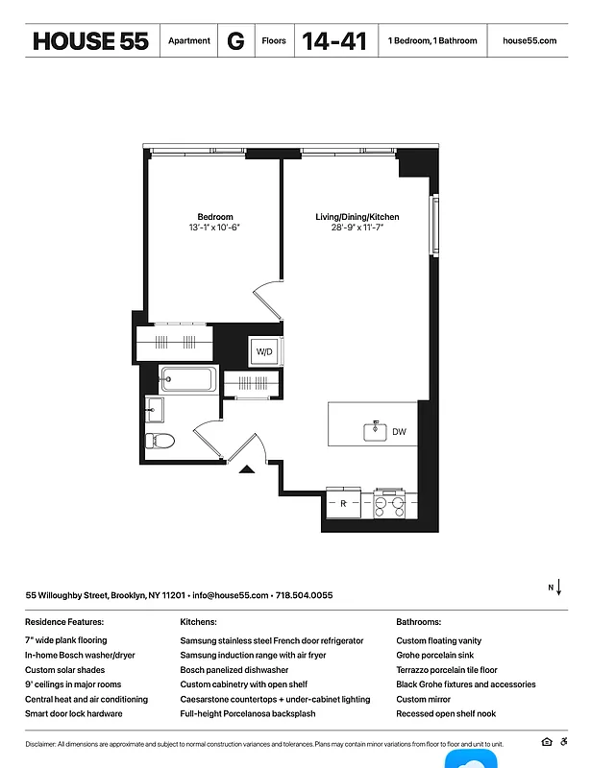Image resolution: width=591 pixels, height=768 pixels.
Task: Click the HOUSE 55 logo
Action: click(x=90, y=41)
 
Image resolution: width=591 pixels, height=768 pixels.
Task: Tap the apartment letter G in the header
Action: click(x=234, y=41)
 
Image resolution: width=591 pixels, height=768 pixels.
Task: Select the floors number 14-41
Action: click(x=333, y=41)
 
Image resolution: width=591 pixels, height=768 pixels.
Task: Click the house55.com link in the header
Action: click(x=529, y=41)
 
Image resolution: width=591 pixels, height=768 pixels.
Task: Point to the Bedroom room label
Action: click(x=214, y=217)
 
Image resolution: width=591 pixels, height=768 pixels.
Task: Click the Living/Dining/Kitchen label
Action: click(x=357, y=217)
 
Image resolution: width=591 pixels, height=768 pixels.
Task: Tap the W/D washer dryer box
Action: click(x=263, y=352)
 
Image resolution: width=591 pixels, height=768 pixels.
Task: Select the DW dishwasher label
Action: click(x=399, y=432)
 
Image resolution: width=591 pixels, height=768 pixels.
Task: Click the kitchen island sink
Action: click(x=375, y=432)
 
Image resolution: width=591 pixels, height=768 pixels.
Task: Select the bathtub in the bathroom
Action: click(x=188, y=380)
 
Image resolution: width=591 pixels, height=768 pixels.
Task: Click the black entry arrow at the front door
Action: click(x=246, y=468)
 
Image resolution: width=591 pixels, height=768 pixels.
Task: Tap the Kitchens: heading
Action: click(x=198, y=622)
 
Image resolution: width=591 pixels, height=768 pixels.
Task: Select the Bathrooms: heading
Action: click(x=418, y=622)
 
